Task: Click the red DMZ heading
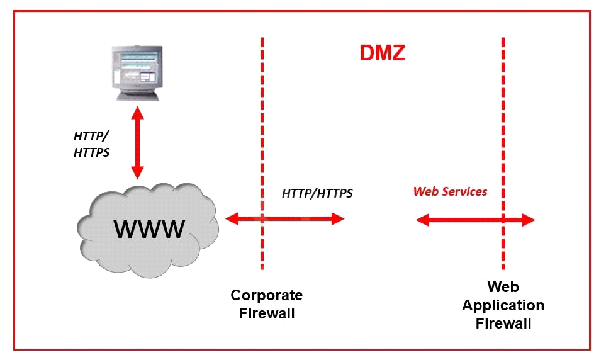click(382, 53)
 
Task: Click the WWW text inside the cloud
click(149, 228)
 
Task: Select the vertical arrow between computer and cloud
click(137, 142)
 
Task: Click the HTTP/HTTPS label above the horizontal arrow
click(317, 193)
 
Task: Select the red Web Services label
click(450, 191)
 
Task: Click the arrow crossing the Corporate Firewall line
click(285, 219)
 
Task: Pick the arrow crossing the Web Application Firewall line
click(475, 220)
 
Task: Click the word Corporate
click(266, 295)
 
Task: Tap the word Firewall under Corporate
click(267, 313)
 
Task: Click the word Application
click(503, 305)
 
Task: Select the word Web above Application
click(503, 287)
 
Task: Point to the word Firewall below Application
click(503, 323)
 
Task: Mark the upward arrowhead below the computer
click(137, 113)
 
